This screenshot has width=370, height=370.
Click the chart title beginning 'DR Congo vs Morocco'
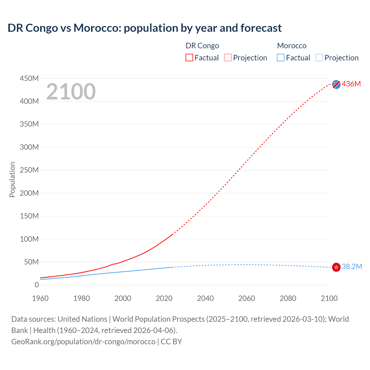[x=145, y=28]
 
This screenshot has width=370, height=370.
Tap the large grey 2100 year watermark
[x=71, y=92]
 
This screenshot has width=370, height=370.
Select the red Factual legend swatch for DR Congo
[x=189, y=58]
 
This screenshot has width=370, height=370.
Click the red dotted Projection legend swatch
[x=227, y=58]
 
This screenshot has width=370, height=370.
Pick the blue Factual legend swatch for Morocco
[x=280, y=58]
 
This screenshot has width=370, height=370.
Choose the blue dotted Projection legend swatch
[x=319, y=58]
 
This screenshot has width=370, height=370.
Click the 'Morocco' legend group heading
[x=291, y=46]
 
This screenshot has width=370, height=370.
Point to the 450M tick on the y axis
[x=29, y=78]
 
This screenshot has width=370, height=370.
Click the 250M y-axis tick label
[x=29, y=170]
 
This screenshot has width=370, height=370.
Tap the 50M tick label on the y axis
[x=31, y=262]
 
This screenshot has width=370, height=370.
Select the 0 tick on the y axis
[x=36, y=285]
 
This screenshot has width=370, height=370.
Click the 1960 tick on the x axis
[x=40, y=298]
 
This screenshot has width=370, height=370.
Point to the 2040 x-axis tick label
[x=205, y=298]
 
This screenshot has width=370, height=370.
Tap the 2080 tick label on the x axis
[x=288, y=298]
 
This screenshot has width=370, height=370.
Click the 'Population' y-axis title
[x=12, y=180]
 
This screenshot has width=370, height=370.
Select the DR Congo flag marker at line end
[x=336, y=84]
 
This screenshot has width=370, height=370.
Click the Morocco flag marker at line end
[x=336, y=267]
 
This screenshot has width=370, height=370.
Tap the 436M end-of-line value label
[x=351, y=84]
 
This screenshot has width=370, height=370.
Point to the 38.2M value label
[x=352, y=267]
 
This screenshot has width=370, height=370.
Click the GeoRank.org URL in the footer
[x=83, y=341]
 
